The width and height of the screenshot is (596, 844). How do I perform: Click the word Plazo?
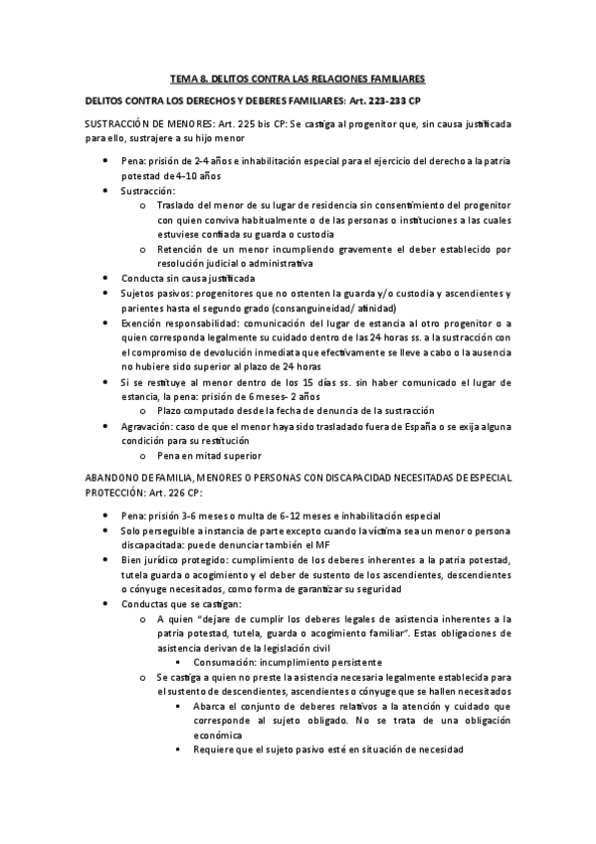[x=170, y=411]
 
